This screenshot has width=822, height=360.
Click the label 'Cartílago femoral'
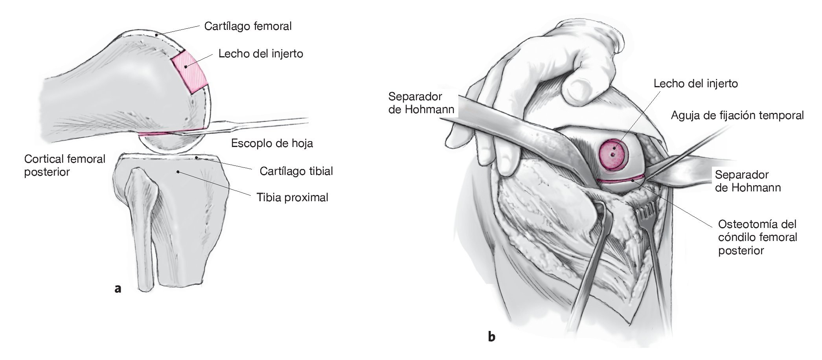click(x=248, y=26)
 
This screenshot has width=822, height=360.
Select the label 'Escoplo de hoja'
click(x=272, y=143)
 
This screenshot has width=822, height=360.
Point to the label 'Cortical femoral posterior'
click(x=64, y=165)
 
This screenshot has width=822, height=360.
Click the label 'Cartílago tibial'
click(x=296, y=171)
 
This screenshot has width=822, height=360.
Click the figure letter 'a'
click(x=117, y=289)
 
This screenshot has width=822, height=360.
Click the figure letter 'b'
click(x=491, y=336)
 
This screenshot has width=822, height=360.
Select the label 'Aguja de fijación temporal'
click(x=737, y=116)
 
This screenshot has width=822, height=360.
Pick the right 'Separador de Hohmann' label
click(x=747, y=181)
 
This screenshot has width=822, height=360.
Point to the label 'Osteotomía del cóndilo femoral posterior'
click(x=757, y=237)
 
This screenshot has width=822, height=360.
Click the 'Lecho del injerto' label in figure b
click(x=695, y=83)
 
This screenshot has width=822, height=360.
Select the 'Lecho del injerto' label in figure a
click(x=261, y=53)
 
